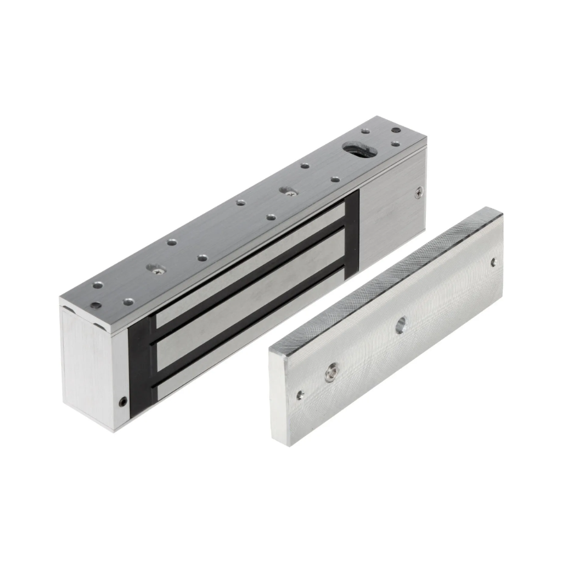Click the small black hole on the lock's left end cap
[123, 401]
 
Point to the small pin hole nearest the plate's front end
[300, 394]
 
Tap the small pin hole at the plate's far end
[493, 262]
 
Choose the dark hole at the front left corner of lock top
[96, 305]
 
